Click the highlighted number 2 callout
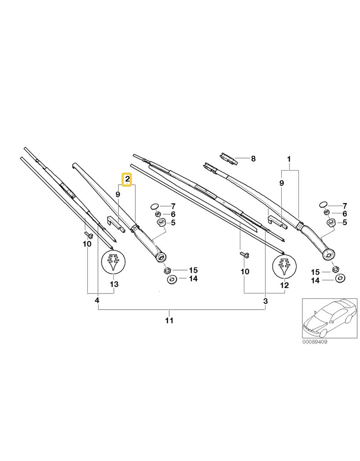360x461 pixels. coord(127,179)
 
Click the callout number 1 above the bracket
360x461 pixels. coord(289,159)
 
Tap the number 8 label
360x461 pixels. coord(253,158)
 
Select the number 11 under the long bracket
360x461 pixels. coord(169,320)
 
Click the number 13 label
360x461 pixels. coord(114,285)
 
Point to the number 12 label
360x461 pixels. coord(284,285)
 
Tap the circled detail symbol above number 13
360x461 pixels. coord(113,261)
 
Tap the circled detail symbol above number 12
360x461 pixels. coord(284,266)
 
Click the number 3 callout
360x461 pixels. coord(265,301)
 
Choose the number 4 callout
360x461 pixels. coord(97,300)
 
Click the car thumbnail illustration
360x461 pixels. coord(330,318)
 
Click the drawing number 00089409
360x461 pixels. coord(315,342)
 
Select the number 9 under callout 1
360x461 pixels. coord(282,183)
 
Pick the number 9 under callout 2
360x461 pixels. coord(118,194)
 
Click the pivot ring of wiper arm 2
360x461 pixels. coord(161,257)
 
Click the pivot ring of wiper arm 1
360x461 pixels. coord(329,254)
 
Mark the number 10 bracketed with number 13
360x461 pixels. coord(87,244)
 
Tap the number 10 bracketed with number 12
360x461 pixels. coord(245,271)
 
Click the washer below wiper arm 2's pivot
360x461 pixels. coord(171,279)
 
